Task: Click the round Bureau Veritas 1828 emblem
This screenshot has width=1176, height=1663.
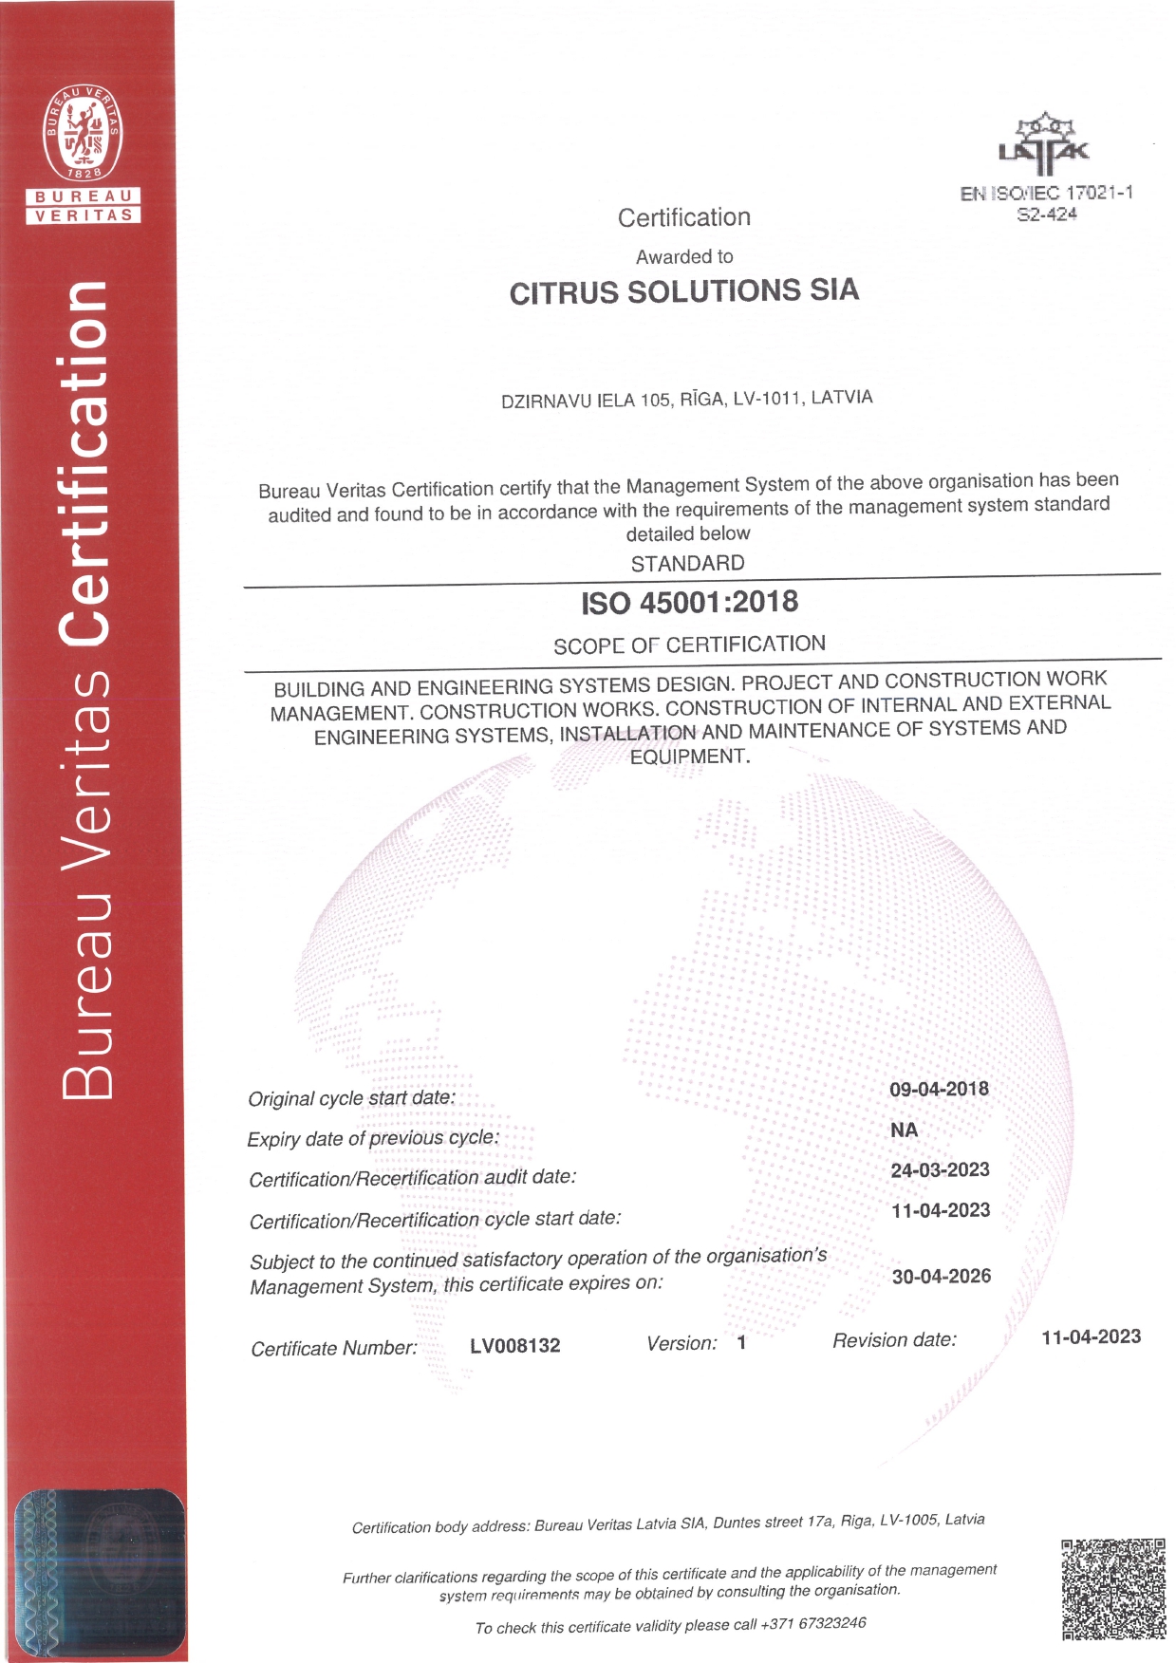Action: tap(84, 135)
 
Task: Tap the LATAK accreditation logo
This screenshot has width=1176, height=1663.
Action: tap(1044, 145)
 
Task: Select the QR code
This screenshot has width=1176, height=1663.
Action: tap(1113, 1589)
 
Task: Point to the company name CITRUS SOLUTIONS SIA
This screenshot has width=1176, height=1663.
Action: tap(683, 291)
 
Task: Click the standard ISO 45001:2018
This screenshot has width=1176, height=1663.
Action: tap(690, 603)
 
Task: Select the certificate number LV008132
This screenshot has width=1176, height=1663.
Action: tap(515, 1346)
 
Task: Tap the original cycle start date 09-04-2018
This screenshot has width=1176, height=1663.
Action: tap(939, 1089)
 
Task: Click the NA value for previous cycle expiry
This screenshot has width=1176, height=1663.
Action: tap(904, 1130)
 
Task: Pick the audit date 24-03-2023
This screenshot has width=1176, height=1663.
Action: tap(940, 1170)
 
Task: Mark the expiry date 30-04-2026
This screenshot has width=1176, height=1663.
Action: tap(941, 1277)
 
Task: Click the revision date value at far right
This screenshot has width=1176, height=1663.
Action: tap(1091, 1337)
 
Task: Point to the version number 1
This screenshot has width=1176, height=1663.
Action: tap(741, 1343)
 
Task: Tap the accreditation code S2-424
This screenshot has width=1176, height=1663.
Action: tap(1047, 215)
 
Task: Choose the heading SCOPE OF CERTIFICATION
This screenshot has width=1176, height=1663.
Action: tap(689, 645)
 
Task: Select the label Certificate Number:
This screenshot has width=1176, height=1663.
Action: tap(334, 1349)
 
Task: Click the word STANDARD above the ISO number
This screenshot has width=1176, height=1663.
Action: tap(688, 564)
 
